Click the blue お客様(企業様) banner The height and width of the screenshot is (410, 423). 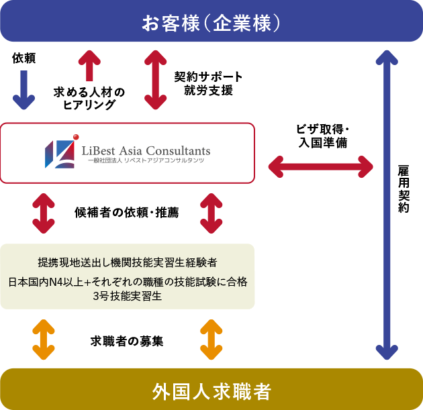(211, 22)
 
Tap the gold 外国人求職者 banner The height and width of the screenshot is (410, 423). (211, 390)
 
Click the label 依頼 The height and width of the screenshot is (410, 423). (23, 58)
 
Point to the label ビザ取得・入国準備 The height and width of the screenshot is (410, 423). (322, 136)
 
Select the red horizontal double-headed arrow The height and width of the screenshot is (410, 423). (321, 164)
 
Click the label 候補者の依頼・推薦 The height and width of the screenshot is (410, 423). (127, 213)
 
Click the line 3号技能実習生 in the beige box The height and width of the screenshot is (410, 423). (128, 297)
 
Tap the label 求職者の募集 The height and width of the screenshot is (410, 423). (127, 341)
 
